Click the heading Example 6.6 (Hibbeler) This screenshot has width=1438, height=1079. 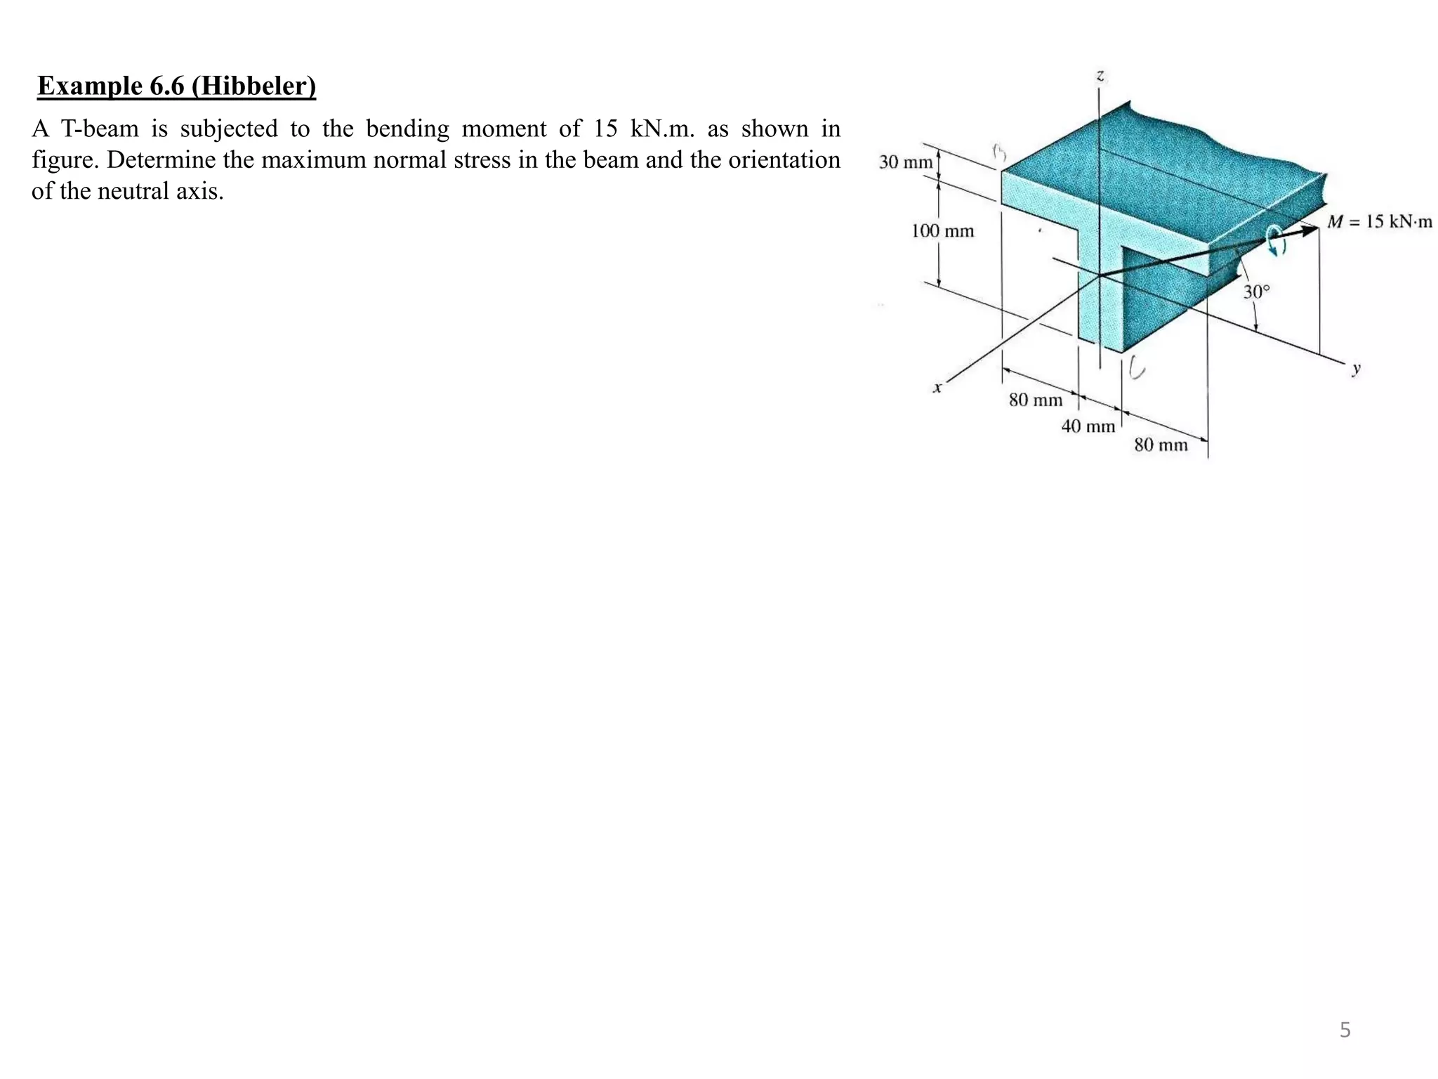point(176,86)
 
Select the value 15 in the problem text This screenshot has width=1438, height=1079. point(605,129)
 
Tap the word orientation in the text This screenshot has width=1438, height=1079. point(784,160)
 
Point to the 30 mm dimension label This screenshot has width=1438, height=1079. point(905,162)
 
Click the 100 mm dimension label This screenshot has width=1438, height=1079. point(942,230)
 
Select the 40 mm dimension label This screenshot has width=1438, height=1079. point(1087,426)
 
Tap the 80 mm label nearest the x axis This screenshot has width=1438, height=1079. point(1035,400)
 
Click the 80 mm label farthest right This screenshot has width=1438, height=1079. point(1160,444)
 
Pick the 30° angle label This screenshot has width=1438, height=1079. point(1256,291)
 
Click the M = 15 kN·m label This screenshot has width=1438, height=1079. point(1379,222)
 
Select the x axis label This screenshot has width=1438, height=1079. point(937,387)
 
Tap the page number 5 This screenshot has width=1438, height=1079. point(1344,1030)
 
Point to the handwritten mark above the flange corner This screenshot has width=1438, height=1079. point(998,152)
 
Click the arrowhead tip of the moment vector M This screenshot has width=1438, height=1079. point(1317,227)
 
